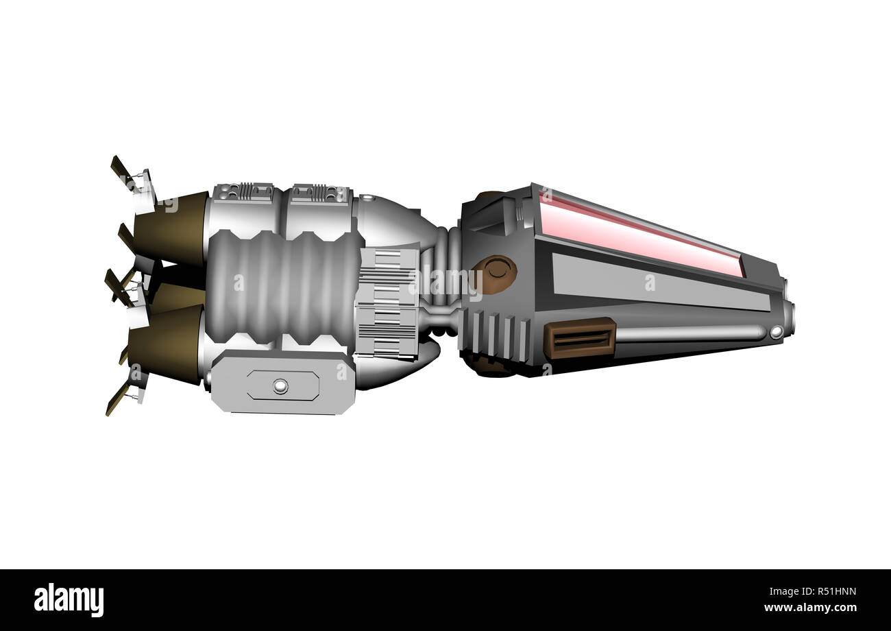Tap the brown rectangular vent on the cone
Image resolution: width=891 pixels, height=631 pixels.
click(580, 338)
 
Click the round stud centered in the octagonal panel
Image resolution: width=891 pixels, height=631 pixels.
click(281, 385)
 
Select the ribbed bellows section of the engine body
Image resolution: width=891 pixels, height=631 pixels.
click(284, 287)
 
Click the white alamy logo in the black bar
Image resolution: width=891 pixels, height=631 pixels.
click(69, 600)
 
